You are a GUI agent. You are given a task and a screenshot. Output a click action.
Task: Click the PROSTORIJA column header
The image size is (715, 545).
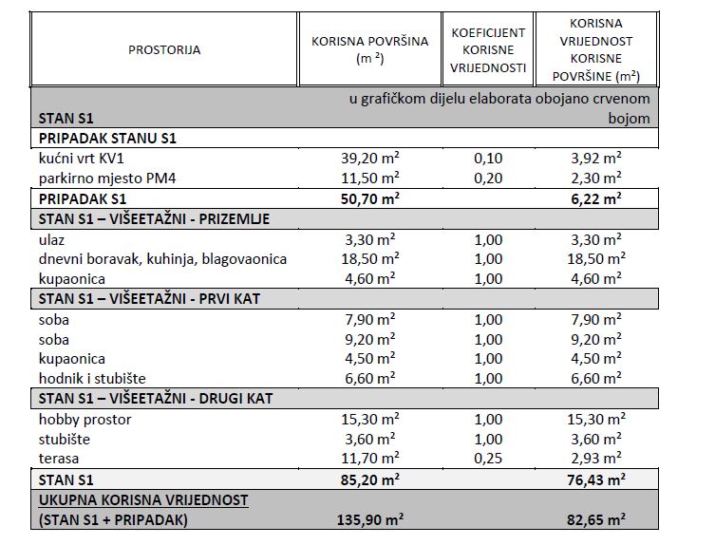pyautogui.click(x=164, y=49)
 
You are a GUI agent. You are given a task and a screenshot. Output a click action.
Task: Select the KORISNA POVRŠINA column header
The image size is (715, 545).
pyautogui.click(x=369, y=49)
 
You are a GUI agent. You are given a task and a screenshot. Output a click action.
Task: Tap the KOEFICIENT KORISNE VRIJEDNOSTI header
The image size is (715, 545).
pyautogui.click(x=487, y=49)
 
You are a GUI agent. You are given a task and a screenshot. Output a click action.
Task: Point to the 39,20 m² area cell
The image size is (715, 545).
pyautogui.click(x=369, y=158)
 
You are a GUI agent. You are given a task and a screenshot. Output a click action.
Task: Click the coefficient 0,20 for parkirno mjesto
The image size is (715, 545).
pyautogui.click(x=487, y=178)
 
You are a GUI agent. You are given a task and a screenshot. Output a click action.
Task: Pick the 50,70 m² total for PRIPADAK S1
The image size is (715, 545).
pyautogui.click(x=369, y=198)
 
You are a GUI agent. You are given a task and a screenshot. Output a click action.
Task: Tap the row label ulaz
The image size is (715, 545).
pyautogui.click(x=52, y=238)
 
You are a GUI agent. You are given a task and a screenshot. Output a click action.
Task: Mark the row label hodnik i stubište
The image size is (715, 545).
pyautogui.click(x=92, y=378)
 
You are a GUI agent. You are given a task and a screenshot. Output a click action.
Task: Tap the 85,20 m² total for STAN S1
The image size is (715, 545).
pyautogui.click(x=369, y=479)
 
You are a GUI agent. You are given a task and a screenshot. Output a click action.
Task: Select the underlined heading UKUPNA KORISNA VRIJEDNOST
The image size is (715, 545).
pyautogui.click(x=142, y=499)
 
